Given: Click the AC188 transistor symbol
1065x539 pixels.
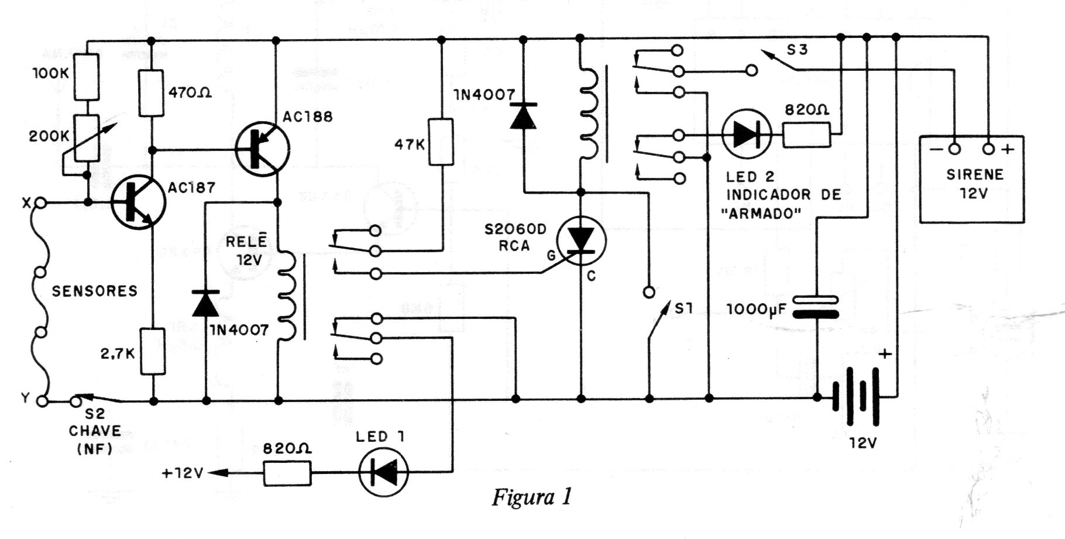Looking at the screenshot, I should point(262,149).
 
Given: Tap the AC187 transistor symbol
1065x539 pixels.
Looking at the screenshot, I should point(138,202).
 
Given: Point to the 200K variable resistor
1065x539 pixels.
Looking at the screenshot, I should point(87,138).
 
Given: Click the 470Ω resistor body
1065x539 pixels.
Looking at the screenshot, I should point(152,93).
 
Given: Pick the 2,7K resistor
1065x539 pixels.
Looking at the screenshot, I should point(153,351).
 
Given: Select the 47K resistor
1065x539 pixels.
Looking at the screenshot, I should point(441,142).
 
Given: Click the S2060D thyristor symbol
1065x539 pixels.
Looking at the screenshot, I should point(581,241).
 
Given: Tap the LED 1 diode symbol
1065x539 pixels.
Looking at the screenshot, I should point(384,472).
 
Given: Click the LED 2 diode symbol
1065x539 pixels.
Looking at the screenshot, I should point(746,134).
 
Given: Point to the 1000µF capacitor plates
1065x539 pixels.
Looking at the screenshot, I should point(815,307).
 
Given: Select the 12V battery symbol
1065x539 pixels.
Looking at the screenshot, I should point(856,396).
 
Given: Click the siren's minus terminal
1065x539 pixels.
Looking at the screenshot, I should point(954,149).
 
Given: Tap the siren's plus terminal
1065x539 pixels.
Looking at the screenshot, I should point(988,149).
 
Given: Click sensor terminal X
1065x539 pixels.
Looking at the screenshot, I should point(41,203).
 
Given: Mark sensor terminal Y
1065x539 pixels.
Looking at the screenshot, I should point(41,401).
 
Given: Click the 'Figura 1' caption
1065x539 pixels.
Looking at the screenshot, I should point(531,497).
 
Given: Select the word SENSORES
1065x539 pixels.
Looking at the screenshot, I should point(95,291).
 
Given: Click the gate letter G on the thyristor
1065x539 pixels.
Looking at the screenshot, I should point(551,255).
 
